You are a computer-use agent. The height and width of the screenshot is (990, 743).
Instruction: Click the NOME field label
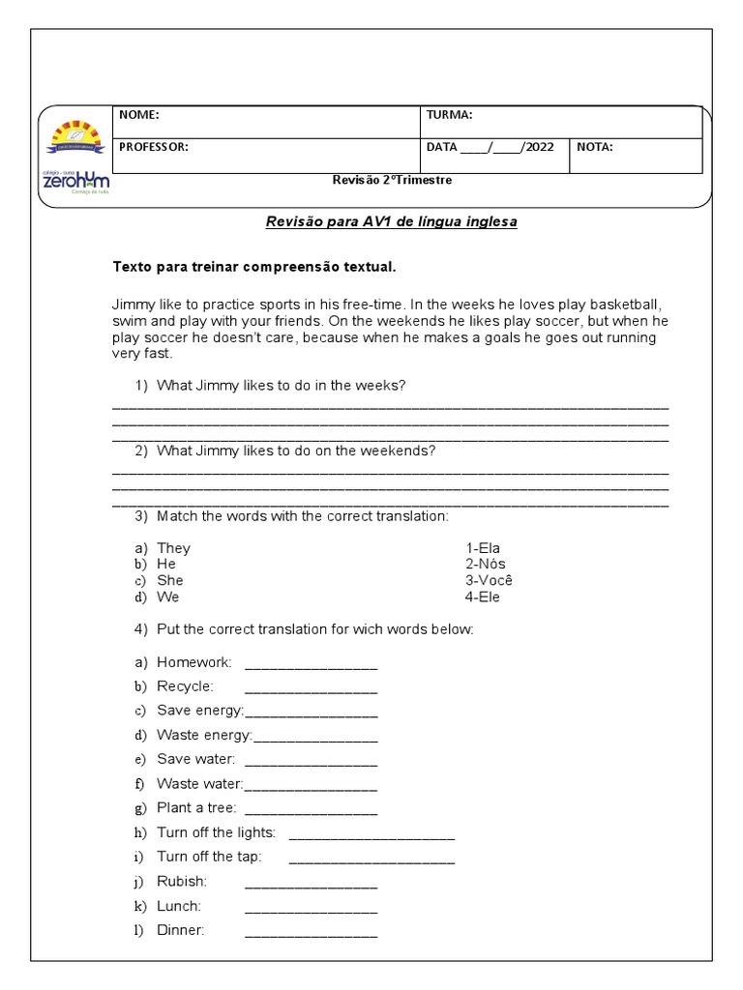click(138, 115)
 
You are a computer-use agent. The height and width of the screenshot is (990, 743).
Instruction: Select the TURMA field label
click(449, 115)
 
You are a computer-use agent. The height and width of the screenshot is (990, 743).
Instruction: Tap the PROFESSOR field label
click(153, 148)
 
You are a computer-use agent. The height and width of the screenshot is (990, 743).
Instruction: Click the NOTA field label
click(594, 148)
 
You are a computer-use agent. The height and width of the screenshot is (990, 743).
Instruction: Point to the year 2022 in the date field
click(539, 148)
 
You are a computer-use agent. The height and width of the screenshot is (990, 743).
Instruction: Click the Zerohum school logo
click(76, 155)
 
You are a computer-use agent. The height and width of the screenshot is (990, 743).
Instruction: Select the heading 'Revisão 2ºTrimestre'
click(392, 180)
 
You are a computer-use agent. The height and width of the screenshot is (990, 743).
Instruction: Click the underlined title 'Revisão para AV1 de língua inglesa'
click(392, 222)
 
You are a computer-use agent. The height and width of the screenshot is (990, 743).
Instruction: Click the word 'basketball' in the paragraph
click(629, 304)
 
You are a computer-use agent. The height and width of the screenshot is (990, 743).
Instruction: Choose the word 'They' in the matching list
click(174, 548)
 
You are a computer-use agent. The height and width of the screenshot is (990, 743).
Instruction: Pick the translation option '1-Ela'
click(483, 548)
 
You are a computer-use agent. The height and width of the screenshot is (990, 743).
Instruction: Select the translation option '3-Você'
click(489, 580)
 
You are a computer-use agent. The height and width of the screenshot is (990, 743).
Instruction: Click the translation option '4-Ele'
click(483, 597)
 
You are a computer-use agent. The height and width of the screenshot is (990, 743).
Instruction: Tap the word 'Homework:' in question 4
click(193, 662)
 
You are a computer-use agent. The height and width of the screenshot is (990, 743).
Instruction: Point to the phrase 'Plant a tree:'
click(196, 807)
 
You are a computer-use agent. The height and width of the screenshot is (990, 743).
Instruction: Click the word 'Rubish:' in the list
click(182, 882)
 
